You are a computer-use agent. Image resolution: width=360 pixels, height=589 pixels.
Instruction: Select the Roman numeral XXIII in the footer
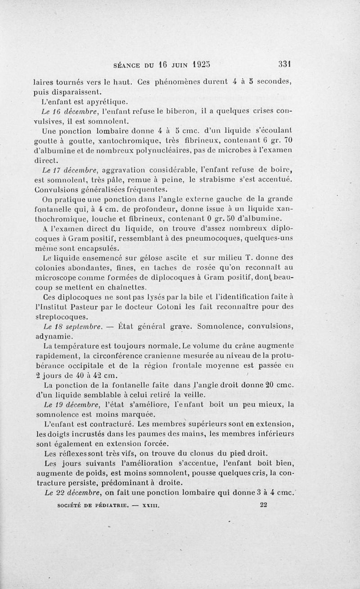pos(151,505)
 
